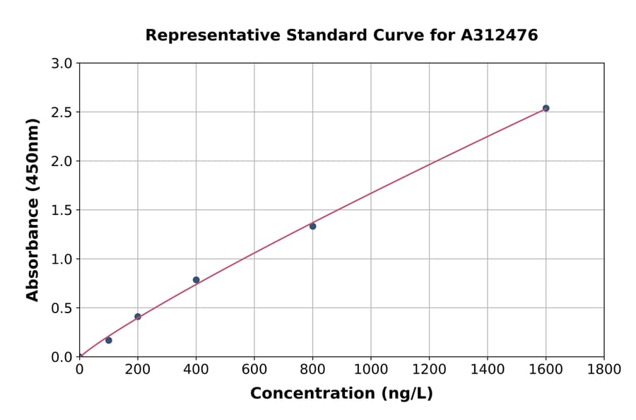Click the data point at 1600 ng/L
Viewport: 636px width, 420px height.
tap(546, 108)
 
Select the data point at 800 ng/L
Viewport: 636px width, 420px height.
tap(312, 226)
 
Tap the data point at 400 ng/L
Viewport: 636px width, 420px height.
tap(196, 280)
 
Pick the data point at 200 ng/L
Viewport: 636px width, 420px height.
tap(138, 317)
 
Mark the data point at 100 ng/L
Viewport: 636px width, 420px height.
tap(109, 340)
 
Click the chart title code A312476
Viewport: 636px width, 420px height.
tap(500, 35)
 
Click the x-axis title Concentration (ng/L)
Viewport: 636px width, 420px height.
tap(341, 393)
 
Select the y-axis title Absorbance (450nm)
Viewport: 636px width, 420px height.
tap(33, 209)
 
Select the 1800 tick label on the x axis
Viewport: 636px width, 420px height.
tap(604, 369)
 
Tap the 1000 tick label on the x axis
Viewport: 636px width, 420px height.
tap(371, 369)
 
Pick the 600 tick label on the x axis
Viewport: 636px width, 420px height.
tap(254, 369)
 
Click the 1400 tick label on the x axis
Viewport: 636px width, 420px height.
tap(488, 369)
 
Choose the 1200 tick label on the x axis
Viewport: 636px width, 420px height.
tap(429, 369)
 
